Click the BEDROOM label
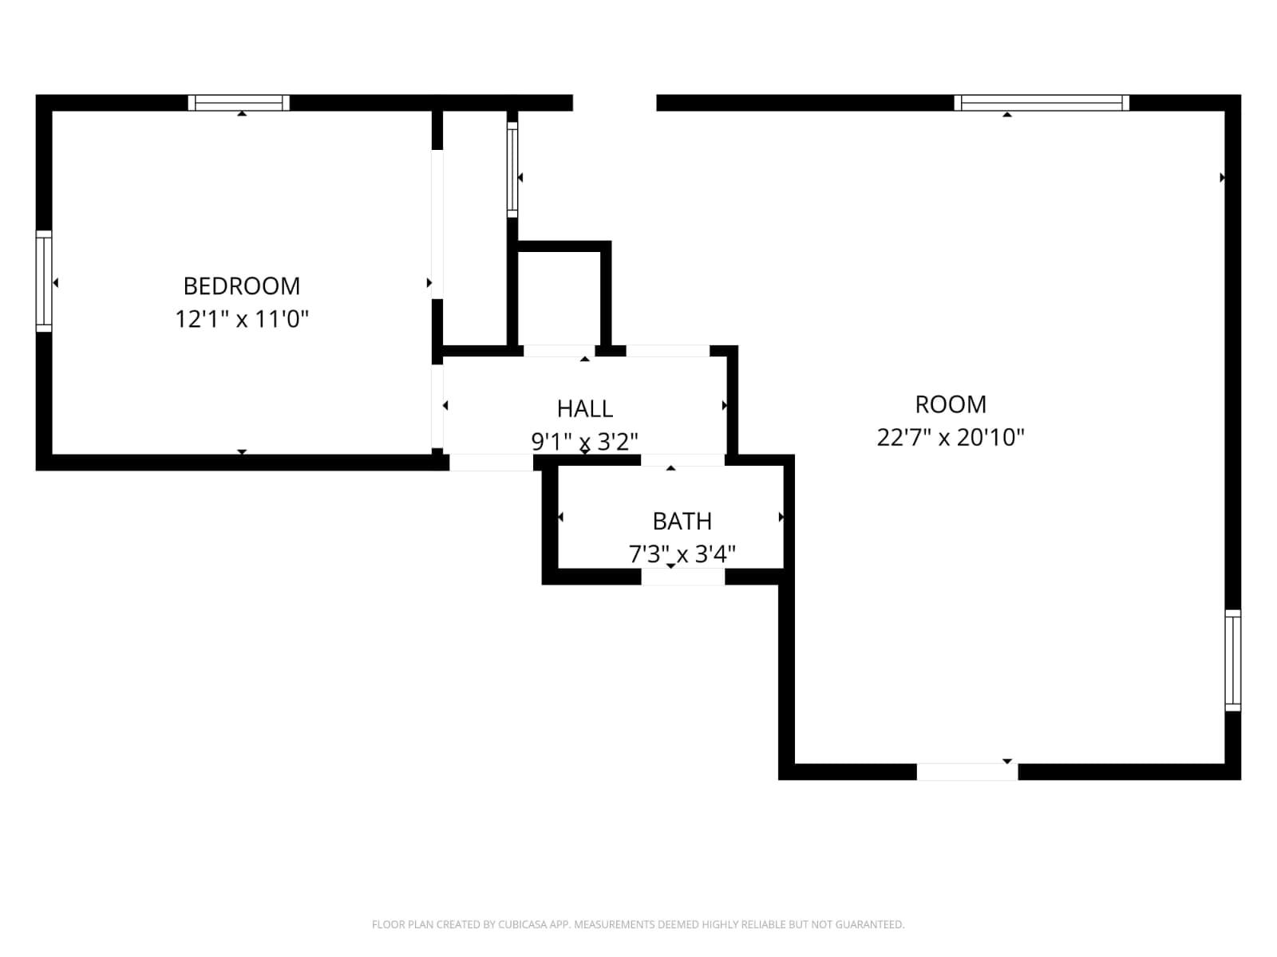coord(242,286)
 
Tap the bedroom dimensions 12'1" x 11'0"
coord(242,319)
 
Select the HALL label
coord(585,408)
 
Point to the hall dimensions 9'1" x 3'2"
coord(585,441)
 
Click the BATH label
coord(682,521)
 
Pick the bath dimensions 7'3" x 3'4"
coord(682,553)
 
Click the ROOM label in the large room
coord(950,404)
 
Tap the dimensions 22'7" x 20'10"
coord(950,437)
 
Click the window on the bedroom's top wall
coord(239,102)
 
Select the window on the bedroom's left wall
coord(44,281)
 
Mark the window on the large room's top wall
coord(1042,102)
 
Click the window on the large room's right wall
coord(1233,660)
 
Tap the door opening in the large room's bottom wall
coord(967,772)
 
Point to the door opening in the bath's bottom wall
coord(683,577)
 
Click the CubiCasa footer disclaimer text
coord(638,924)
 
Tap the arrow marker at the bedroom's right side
coord(429,282)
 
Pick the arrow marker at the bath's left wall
coord(560,518)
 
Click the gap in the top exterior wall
coord(615,102)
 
